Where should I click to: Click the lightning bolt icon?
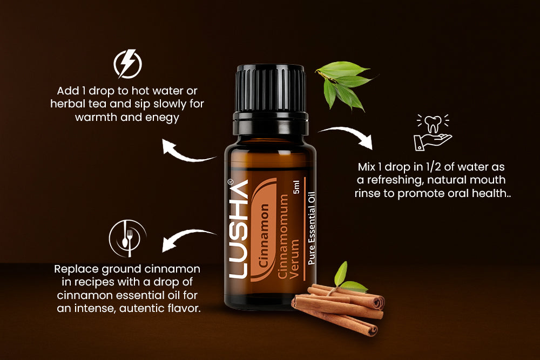pos(127,64)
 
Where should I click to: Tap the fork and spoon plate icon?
pos(127,237)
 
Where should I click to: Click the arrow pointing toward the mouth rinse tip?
pos(348,136)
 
